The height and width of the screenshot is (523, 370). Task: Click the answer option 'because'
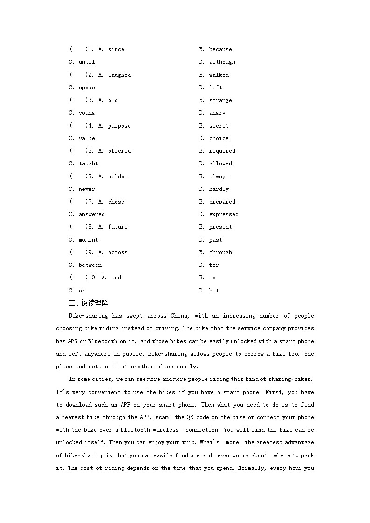pos(220,49)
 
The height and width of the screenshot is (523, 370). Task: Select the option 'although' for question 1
pos(222,62)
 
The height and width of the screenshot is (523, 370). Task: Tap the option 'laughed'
pos(119,75)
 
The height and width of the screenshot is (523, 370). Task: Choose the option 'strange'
pos(220,100)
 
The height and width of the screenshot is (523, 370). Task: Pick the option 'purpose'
pos(119,126)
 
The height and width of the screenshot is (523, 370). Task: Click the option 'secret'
pos(219,126)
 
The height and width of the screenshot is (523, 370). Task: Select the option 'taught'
pos(88,163)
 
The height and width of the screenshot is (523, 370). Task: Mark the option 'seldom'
pos(117,177)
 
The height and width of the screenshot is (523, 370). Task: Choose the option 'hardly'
pos(219,189)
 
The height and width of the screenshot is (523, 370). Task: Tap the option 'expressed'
pos(224,214)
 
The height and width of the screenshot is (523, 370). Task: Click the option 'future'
pos(117,227)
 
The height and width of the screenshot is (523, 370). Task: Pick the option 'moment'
pos(88,240)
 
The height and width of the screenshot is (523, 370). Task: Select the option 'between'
pos(90,265)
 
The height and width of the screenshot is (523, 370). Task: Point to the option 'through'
pos(220,252)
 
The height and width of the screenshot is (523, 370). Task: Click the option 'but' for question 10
pos(214,291)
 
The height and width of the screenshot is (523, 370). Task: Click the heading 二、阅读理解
pos(88,303)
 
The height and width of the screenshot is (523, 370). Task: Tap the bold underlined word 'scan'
pos(162,417)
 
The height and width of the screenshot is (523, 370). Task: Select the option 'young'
pos(87,113)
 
